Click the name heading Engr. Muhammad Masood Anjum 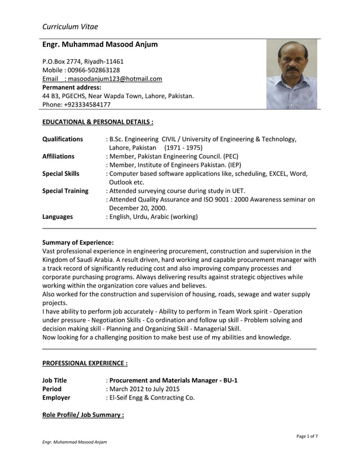coord(100,45)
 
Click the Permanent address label coord(72,87)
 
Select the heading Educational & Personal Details coord(98,121)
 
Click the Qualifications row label coord(63,139)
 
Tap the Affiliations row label coord(58,156)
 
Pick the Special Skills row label coord(61,174)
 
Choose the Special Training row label coord(65,191)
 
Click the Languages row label coord(58,216)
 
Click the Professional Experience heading coord(85,363)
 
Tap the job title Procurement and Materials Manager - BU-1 coord(173,380)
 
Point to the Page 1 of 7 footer coord(306,436)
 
